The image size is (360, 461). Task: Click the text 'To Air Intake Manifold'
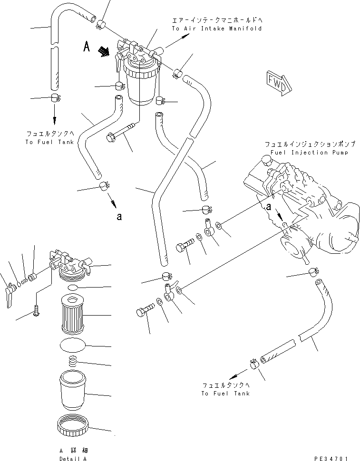click(x=217, y=29)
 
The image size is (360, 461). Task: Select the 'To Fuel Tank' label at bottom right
click(x=225, y=394)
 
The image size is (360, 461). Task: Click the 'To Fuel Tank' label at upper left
click(x=50, y=142)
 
